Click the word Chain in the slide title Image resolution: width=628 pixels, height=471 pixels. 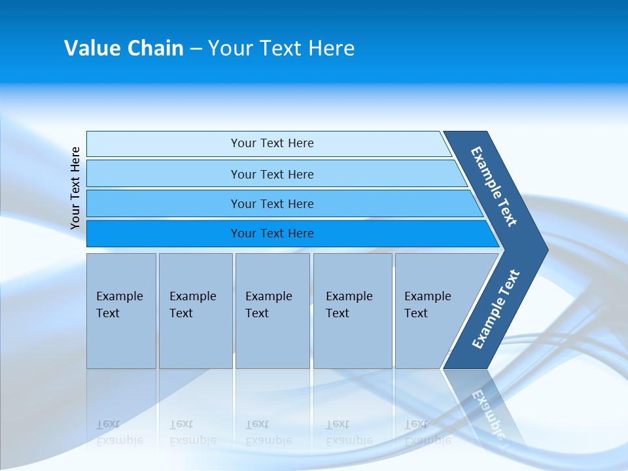tap(155, 48)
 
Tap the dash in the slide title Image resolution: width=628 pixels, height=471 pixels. tap(196, 49)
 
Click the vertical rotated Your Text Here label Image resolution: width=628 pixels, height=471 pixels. tap(75, 188)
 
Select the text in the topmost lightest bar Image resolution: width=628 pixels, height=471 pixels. tap(272, 143)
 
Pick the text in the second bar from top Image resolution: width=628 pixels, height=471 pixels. tap(272, 175)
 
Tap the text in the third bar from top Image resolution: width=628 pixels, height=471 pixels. tap(272, 204)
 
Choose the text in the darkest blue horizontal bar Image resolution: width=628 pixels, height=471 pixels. tap(272, 234)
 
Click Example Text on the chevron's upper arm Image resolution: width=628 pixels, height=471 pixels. tap(494, 186)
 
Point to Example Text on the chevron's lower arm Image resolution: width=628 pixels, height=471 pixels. tap(496, 309)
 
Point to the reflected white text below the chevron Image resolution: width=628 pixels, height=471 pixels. tap(488, 412)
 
